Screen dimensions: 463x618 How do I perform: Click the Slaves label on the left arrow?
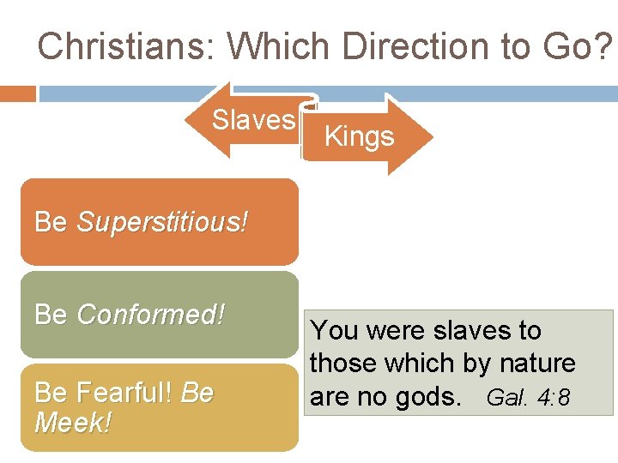coord(253,120)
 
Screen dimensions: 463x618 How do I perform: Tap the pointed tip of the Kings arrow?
coord(432,136)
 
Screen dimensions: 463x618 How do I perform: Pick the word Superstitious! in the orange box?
coord(162,222)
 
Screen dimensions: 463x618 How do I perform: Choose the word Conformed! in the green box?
coord(151,315)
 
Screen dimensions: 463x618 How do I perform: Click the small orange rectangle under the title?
coord(18,93)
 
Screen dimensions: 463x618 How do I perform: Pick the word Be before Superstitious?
coord(51,222)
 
